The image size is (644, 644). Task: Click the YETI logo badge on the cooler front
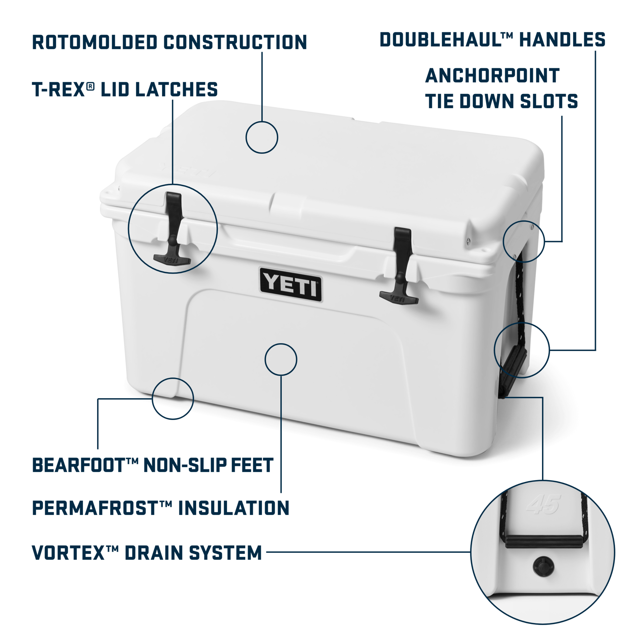[290, 284]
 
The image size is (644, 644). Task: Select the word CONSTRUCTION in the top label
[235, 42]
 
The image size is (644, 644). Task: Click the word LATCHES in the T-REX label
[176, 90]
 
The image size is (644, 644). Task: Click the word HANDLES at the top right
[562, 40]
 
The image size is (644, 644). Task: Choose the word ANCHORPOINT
[492, 75]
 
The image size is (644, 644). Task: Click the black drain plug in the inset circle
[543, 567]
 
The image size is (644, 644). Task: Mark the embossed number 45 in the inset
[544, 504]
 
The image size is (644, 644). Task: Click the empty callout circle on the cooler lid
[262, 137]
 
